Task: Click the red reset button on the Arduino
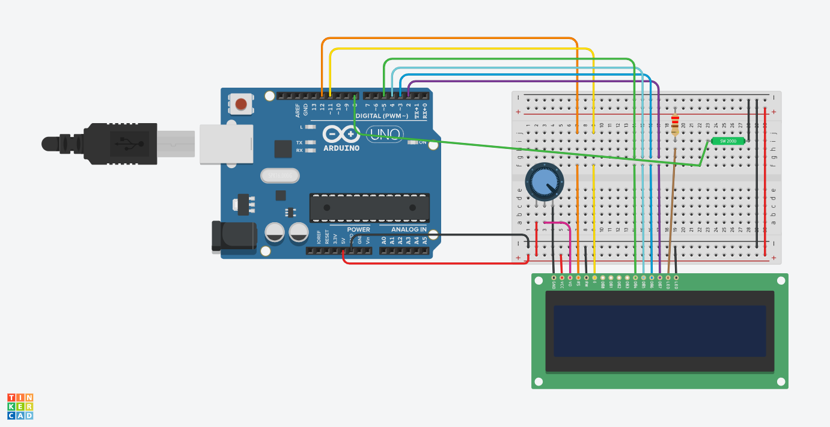241,104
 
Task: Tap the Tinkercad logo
20,407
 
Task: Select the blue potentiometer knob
545,182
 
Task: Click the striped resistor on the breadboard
675,125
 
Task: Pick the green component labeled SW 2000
728,141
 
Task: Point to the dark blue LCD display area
659,331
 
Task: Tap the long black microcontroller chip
369,207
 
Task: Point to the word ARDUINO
341,148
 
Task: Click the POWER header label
358,229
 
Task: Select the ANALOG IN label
409,229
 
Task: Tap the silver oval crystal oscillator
279,175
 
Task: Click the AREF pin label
298,110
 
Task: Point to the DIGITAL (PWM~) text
382,115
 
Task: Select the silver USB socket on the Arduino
225,144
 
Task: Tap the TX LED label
299,142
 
